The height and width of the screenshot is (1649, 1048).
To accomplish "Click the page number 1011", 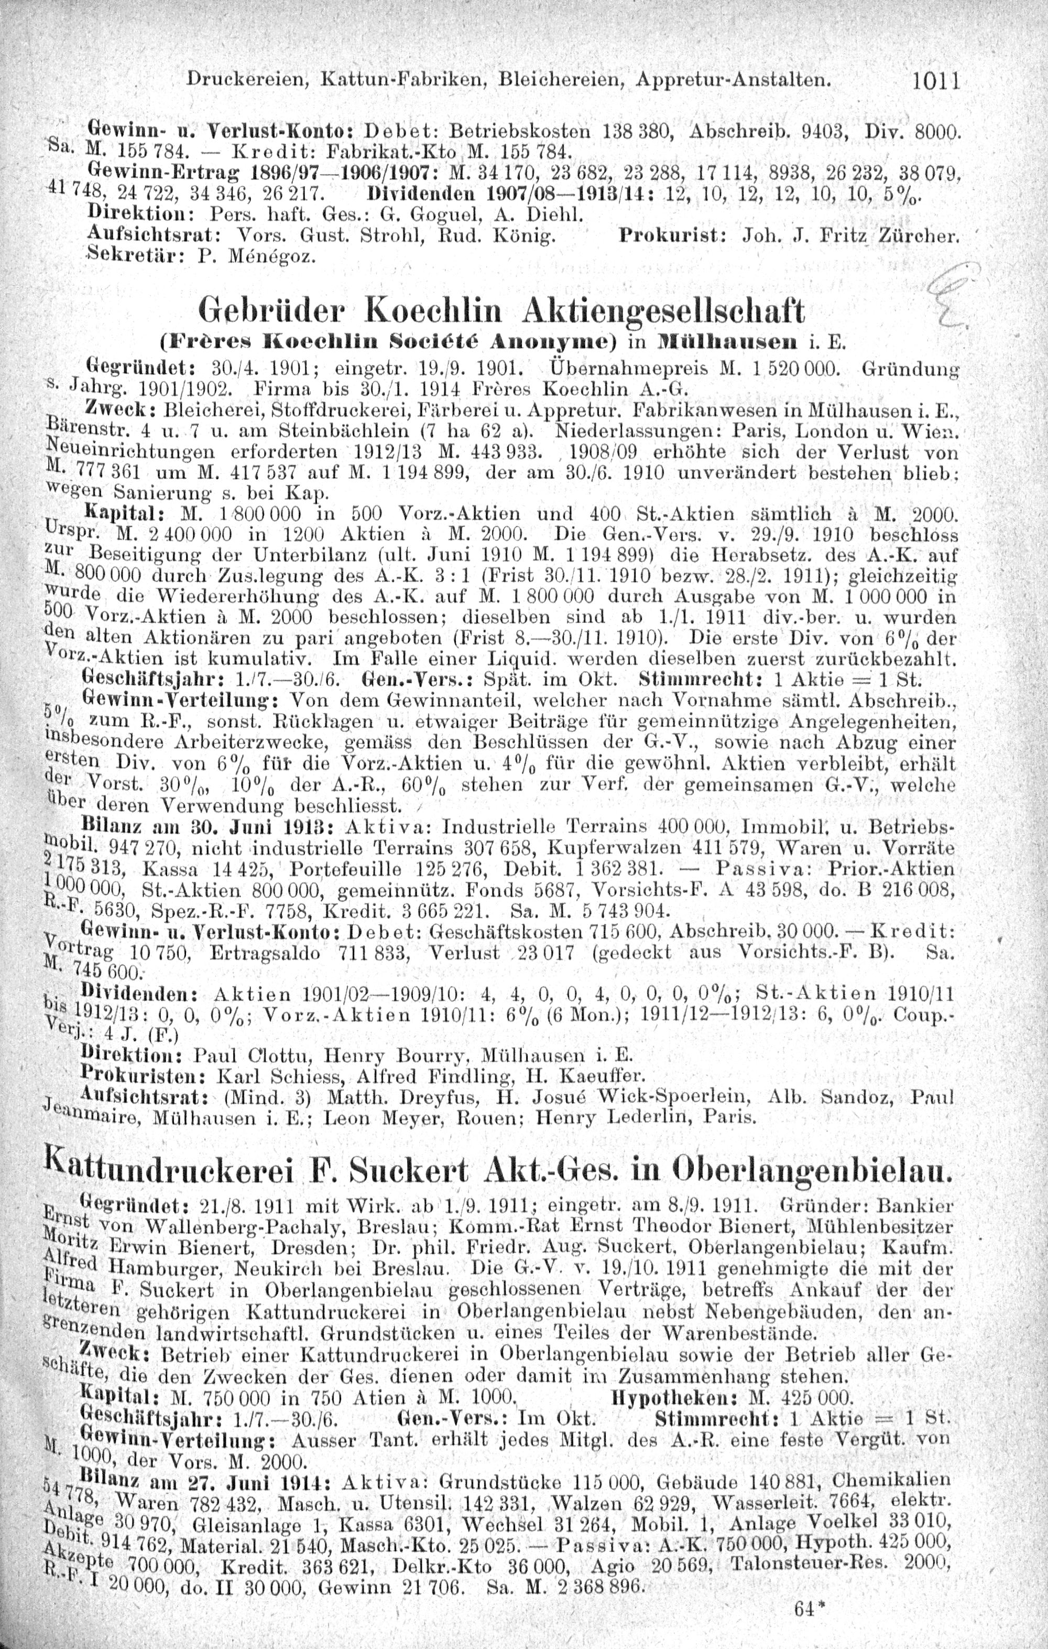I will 937,83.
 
